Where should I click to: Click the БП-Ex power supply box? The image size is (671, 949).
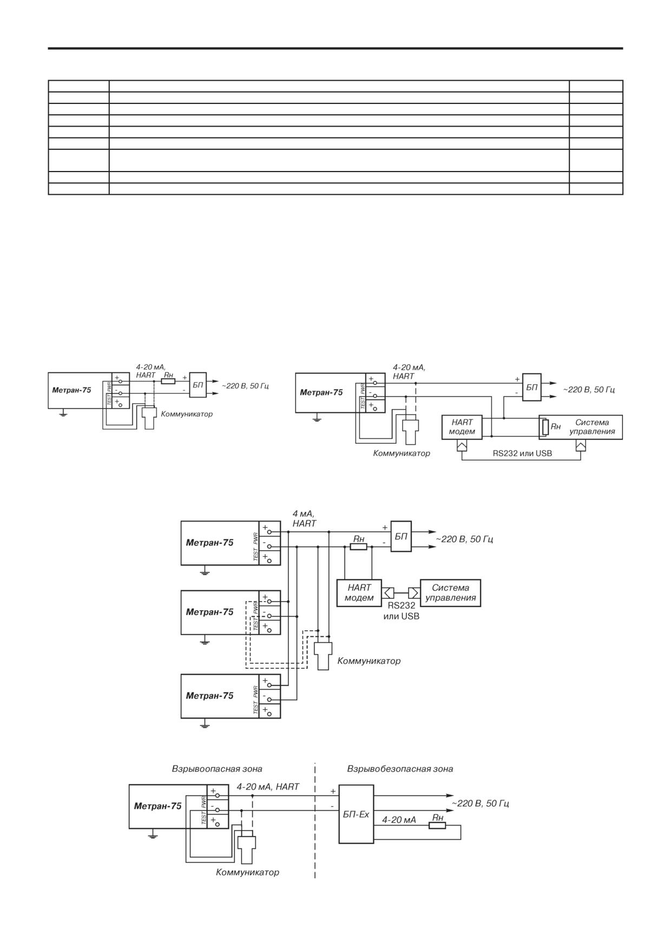pos(356,814)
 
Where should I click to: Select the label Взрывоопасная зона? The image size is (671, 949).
pos(217,769)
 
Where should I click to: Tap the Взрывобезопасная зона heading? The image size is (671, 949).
pos(400,769)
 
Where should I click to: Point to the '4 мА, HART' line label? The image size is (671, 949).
pos(304,518)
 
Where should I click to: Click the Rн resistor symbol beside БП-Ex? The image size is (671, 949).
pos(437,825)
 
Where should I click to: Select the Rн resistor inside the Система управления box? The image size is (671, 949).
pos(546,427)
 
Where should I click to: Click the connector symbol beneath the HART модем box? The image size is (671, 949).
pos(462,445)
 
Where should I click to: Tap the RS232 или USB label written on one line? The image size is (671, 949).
pos(522,453)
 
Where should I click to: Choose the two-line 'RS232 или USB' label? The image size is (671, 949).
pos(401,611)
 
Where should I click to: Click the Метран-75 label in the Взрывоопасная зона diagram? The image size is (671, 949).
pos(157,806)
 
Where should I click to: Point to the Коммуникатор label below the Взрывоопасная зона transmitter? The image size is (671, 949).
pos(247,872)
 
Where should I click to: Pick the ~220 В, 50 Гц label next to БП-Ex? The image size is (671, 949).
pos(481,803)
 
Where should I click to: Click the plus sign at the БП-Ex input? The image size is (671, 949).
pos(333,791)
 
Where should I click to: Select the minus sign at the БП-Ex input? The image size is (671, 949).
pos(332,806)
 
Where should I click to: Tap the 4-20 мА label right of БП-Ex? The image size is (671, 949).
pos(399,820)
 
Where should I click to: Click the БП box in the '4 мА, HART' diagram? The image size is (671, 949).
pos(401,536)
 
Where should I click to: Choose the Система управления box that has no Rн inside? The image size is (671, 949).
pos(450,593)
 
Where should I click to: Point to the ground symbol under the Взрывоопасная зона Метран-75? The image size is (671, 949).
pos(153,835)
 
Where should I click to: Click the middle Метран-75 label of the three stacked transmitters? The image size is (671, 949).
pos(209,612)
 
